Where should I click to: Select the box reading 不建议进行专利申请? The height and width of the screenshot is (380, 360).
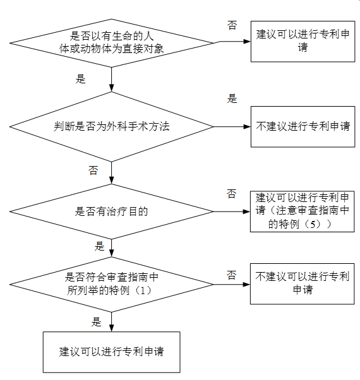click(303, 126)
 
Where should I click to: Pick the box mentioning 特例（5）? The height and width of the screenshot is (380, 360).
click(303, 210)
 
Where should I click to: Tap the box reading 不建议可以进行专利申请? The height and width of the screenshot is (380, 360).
click(303, 283)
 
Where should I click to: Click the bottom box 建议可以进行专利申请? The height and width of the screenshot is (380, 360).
click(111, 352)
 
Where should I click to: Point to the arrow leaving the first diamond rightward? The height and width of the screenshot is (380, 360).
click(234, 42)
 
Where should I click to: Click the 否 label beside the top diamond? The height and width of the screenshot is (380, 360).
click(232, 25)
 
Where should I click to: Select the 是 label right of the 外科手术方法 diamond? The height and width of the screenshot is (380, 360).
click(232, 98)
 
